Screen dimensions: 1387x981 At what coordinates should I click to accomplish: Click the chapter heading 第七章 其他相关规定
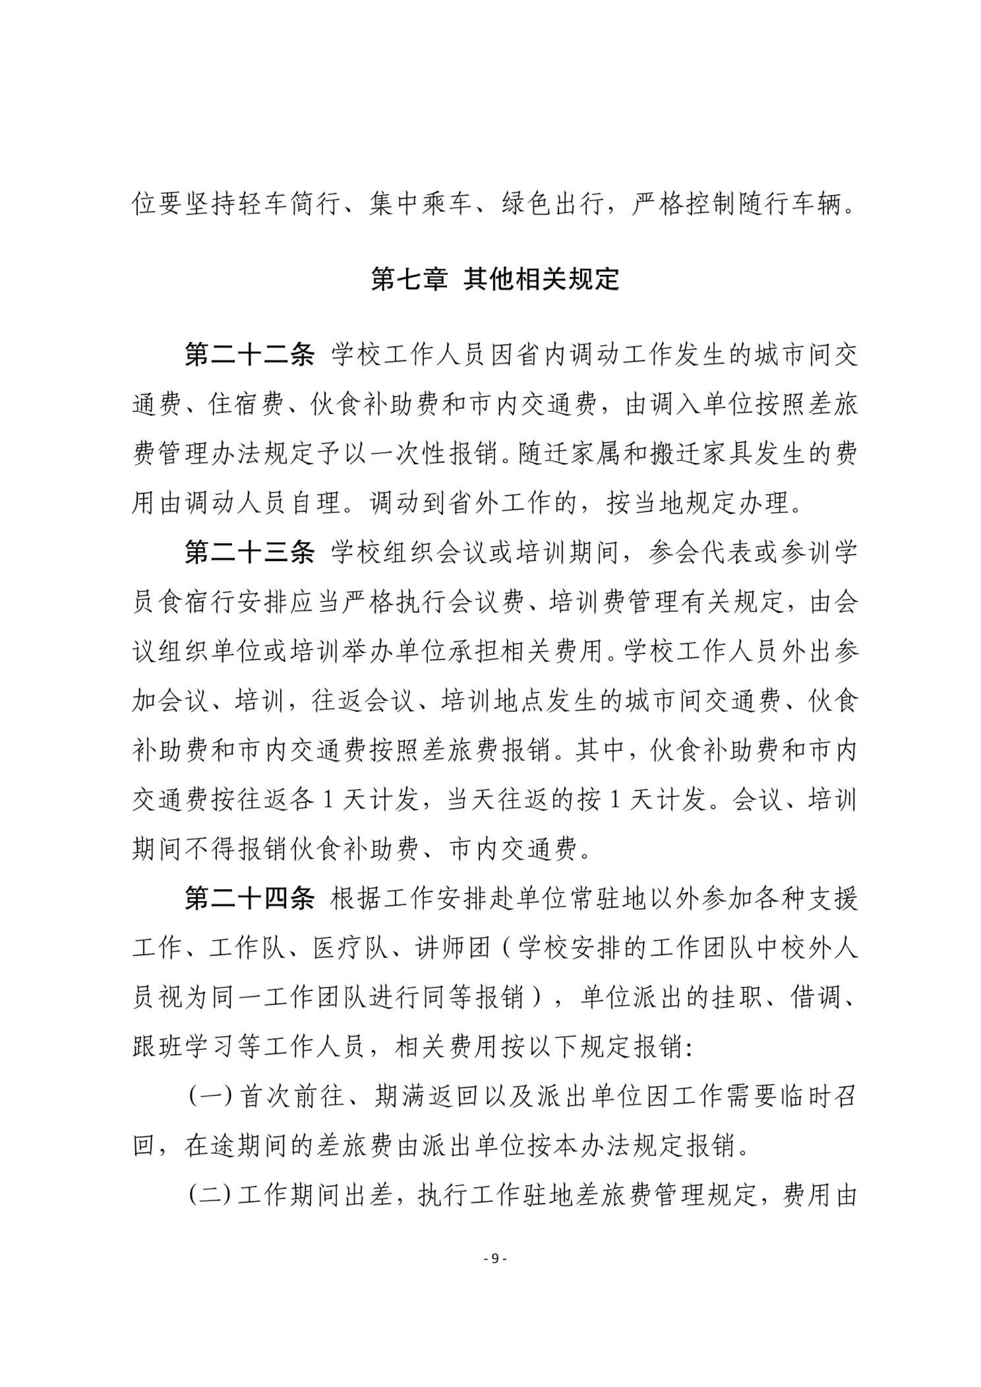(x=495, y=280)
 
